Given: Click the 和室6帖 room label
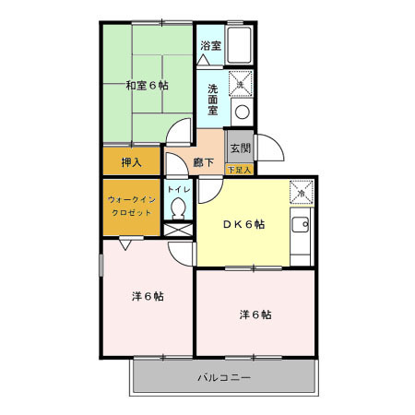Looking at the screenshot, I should (147, 86).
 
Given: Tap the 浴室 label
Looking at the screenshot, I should (210, 45).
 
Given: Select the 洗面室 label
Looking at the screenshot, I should (212, 100).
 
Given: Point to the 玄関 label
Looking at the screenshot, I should (239, 147).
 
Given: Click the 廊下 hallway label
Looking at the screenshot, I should (204, 162).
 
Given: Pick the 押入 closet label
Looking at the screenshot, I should (132, 162).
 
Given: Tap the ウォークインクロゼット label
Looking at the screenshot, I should (130, 206).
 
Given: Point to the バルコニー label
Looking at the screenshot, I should (224, 377).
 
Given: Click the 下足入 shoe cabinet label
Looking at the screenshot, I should (239, 170).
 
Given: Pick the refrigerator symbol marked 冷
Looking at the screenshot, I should (301, 192).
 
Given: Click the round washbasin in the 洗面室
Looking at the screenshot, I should (242, 112).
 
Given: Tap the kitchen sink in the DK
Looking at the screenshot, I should (301, 225).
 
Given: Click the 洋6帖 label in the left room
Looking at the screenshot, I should (147, 296).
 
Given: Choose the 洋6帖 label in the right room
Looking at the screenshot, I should (255, 314).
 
